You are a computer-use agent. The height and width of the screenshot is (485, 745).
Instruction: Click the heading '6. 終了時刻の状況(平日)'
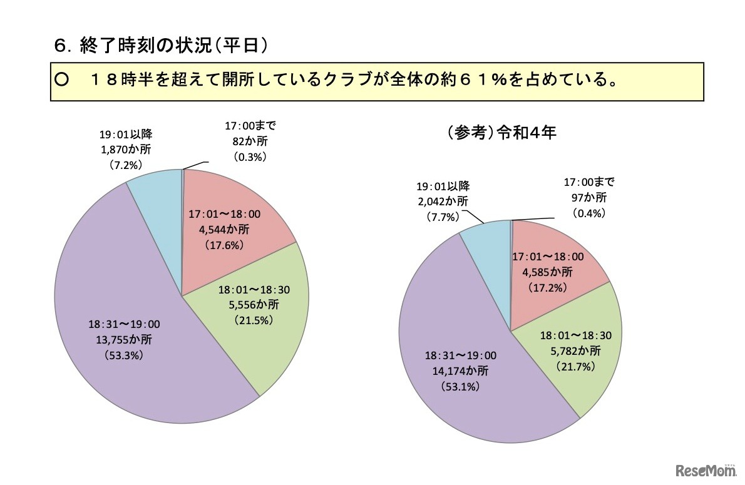(x=162, y=45)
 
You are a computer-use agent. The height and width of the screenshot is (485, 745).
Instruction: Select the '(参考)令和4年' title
(x=501, y=133)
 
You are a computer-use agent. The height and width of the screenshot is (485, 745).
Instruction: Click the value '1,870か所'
(x=125, y=150)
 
